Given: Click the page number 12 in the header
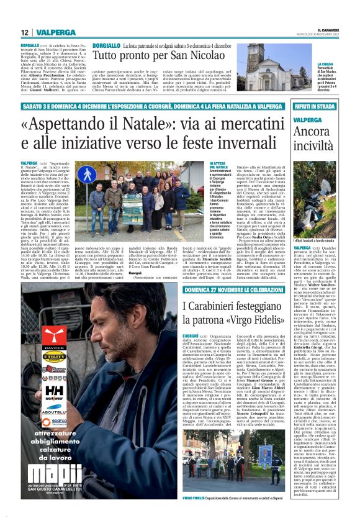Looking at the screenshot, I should (24, 32).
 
